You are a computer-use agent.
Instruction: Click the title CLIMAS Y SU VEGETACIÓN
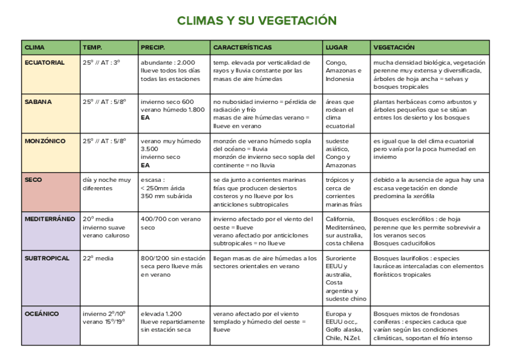click(256, 21)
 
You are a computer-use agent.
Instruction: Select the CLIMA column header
click(34, 47)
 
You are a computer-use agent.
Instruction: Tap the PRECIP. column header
click(152, 47)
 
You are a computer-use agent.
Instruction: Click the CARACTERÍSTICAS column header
click(242, 47)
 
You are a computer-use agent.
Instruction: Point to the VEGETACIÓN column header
click(394, 47)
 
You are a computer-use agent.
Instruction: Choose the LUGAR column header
click(336, 47)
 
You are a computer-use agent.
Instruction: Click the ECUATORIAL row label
click(44, 62)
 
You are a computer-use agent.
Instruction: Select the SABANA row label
click(38, 102)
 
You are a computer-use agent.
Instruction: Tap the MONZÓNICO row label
click(45, 141)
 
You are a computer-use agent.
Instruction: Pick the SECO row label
click(33, 180)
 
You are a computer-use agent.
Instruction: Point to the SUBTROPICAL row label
click(47, 259)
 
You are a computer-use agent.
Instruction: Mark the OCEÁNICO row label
click(41, 314)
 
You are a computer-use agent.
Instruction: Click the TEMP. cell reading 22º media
click(98, 259)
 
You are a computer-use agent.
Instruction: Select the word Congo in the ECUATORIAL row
click(335, 62)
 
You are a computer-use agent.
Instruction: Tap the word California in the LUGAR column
click(340, 219)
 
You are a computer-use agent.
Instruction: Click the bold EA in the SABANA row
click(145, 118)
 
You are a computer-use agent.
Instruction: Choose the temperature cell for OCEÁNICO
click(104, 317)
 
